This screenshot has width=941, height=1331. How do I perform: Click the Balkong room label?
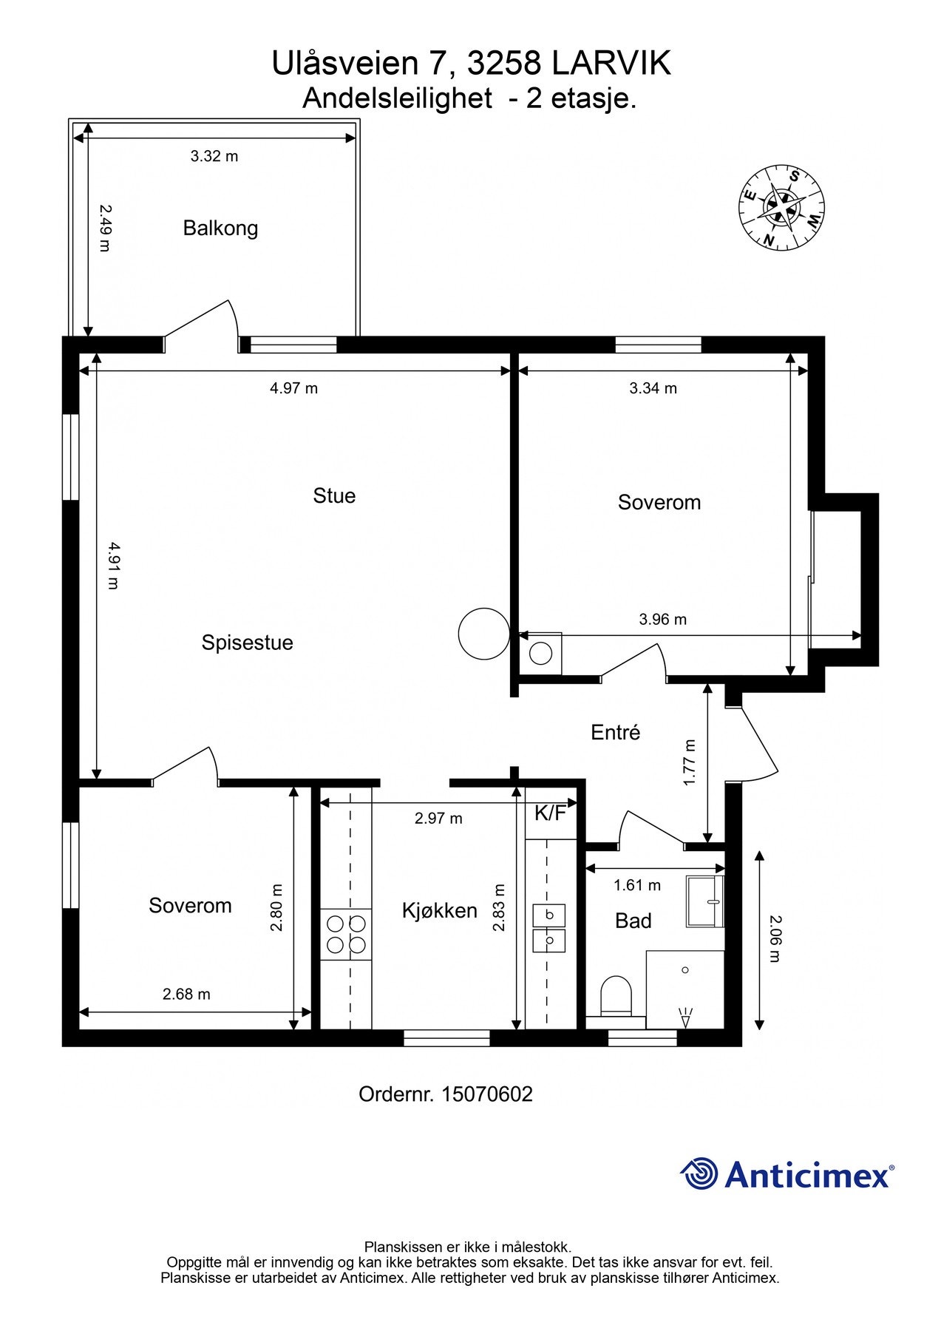pyautogui.click(x=220, y=228)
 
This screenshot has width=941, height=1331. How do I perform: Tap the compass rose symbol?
pyautogui.click(x=781, y=206)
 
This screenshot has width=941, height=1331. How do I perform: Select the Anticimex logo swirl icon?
pyautogui.click(x=699, y=1173)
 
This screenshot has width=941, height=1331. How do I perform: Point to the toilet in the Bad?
pyautogui.click(x=616, y=995)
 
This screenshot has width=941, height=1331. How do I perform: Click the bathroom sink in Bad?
pyautogui.click(x=704, y=901)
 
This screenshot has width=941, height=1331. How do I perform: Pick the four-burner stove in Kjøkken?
pyautogui.click(x=346, y=934)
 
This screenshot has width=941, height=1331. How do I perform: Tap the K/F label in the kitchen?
pyautogui.click(x=551, y=813)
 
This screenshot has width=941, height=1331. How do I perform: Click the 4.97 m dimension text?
pyautogui.click(x=294, y=388)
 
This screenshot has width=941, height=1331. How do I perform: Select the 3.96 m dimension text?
pyautogui.click(x=663, y=620)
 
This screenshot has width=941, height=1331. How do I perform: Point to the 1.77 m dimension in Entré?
pyautogui.click(x=690, y=763)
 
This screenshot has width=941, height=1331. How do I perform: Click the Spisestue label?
pyautogui.click(x=248, y=643)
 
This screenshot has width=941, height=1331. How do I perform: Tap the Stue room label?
pyautogui.click(x=334, y=495)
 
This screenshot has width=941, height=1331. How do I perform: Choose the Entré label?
pyautogui.click(x=616, y=732)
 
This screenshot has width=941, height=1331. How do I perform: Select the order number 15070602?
pyautogui.click(x=487, y=1094)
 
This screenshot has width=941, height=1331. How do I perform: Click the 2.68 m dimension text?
pyautogui.click(x=186, y=995)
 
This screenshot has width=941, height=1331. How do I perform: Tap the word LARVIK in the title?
pyautogui.click(x=612, y=64)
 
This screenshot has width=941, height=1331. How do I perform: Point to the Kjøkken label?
pyautogui.click(x=440, y=910)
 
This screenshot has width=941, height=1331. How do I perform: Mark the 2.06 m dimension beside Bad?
pyautogui.click(x=774, y=939)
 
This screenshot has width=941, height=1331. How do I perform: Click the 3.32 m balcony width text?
pyautogui.click(x=214, y=156)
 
